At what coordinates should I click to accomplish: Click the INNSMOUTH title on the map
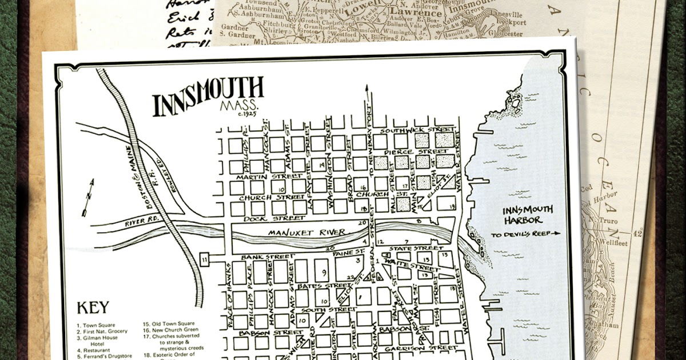(208, 98)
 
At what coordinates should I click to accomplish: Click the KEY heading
(93, 307)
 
